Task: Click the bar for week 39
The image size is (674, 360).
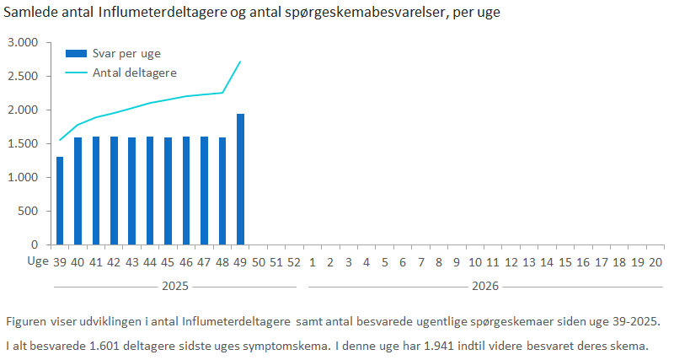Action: click(x=59, y=201)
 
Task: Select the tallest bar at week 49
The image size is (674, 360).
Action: click(x=241, y=180)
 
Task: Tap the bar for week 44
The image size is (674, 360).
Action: click(x=150, y=191)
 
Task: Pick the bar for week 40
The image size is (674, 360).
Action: click(x=78, y=191)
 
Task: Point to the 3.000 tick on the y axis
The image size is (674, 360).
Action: click(x=22, y=42)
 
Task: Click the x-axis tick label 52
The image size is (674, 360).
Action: click(x=294, y=262)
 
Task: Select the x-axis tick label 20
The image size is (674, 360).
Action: click(x=656, y=262)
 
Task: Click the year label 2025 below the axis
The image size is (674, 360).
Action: click(x=174, y=287)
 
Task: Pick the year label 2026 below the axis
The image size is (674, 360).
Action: click(x=484, y=287)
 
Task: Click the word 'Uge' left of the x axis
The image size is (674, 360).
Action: click(x=37, y=262)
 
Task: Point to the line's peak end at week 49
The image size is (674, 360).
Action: click(x=241, y=61)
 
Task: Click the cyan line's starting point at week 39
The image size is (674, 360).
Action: click(x=59, y=140)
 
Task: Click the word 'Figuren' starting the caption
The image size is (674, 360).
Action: click(x=26, y=323)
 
